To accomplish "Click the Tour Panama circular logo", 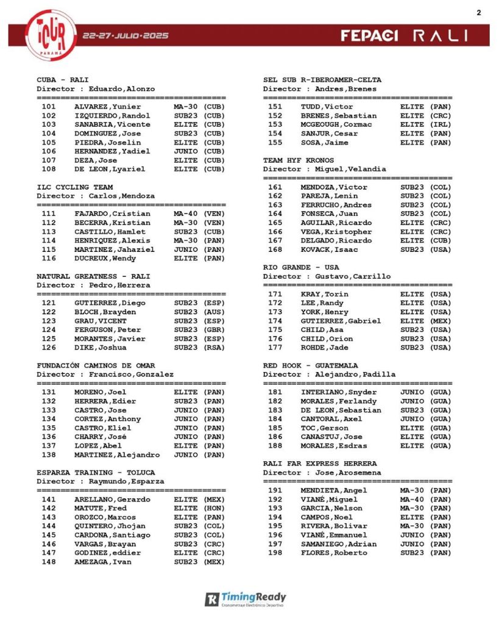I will [51, 35].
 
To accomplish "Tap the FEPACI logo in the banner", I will [369, 35].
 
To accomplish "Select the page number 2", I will [478, 12].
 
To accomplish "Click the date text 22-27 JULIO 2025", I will [126, 35].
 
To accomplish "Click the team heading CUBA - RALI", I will [63, 80].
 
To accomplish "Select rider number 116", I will [49, 259].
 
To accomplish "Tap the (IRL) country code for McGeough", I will [441, 124].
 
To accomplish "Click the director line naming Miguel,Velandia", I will [324, 169].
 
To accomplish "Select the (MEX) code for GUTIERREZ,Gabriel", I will [441, 321].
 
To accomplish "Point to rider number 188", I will [275, 446].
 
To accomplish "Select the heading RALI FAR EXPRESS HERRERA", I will [320, 464].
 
